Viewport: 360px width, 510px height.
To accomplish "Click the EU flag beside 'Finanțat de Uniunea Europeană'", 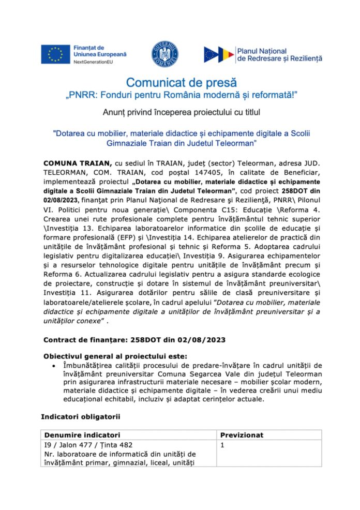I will click(55, 53).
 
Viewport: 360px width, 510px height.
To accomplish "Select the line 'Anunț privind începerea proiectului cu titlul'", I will click(181, 112).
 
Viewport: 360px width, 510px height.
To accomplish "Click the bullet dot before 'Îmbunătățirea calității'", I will click(55, 366).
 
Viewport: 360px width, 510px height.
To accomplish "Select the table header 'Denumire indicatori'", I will click(82, 435).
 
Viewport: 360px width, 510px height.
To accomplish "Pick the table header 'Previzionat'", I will click(242, 435).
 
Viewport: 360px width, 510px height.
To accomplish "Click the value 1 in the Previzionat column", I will click(222, 444).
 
